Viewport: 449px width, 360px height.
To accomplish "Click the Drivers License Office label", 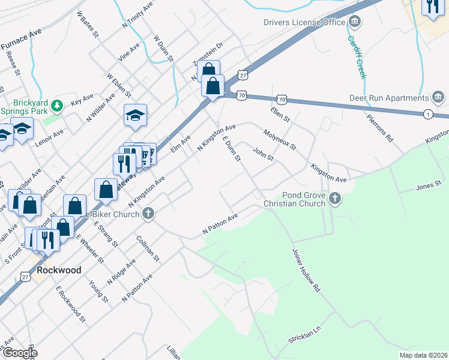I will pyautogui.click(x=304, y=23).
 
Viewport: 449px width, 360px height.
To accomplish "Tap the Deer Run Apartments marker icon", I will pyautogui.click(x=438, y=97).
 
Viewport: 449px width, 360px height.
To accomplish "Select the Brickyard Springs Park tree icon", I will pyautogui.click(x=57, y=106).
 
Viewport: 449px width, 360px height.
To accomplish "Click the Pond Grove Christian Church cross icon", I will pyautogui.click(x=334, y=197).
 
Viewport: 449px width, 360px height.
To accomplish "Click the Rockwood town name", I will pyautogui.click(x=59, y=270).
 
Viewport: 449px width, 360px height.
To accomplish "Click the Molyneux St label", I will pyautogui.click(x=280, y=139).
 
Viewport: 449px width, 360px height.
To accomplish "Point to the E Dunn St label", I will pyautogui.click(x=231, y=149).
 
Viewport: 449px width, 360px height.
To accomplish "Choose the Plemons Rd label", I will pyautogui.click(x=380, y=125).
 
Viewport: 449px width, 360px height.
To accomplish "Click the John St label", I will pyautogui.click(x=263, y=154).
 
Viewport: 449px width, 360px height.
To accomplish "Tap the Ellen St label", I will pyautogui.click(x=280, y=112).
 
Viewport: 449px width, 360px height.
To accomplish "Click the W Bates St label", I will pyautogui.click(x=88, y=24).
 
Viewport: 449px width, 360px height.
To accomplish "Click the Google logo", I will pyautogui.click(x=20, y=353).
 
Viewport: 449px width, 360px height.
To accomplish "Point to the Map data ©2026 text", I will pyautogui.click(x=423, y=355).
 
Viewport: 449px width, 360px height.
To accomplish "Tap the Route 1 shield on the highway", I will pyautogui.click(x=427, y=114).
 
